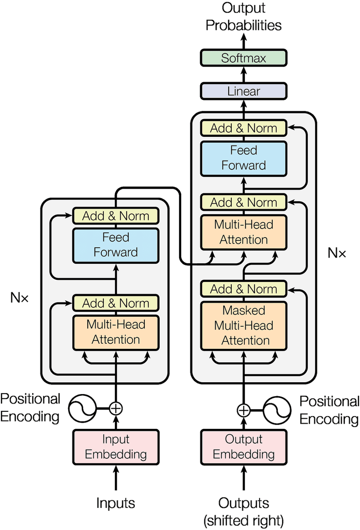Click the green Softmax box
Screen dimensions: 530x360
(x=243, y=58)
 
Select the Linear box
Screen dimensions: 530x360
(x=243, y=91)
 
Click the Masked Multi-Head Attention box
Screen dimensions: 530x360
(x=243, y=325)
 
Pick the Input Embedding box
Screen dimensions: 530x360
(x=116, y=447)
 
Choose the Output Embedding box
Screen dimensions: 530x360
(x=243, y=447)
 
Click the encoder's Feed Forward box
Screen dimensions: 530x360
(x=116, y=245)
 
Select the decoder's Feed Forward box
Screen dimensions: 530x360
(x=243, y=158)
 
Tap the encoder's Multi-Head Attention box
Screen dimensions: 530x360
(x=116, y=332)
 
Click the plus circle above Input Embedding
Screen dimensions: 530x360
(x=116, y=408)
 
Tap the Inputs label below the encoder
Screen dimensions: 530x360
(x=116, y=503)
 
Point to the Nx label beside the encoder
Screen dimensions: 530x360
(x=19, y=298)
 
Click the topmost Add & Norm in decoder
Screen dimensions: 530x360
(x=243, y=128)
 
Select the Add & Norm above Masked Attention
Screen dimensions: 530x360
(x=243, y=289)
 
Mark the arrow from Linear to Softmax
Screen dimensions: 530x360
(x=243, y=75)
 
